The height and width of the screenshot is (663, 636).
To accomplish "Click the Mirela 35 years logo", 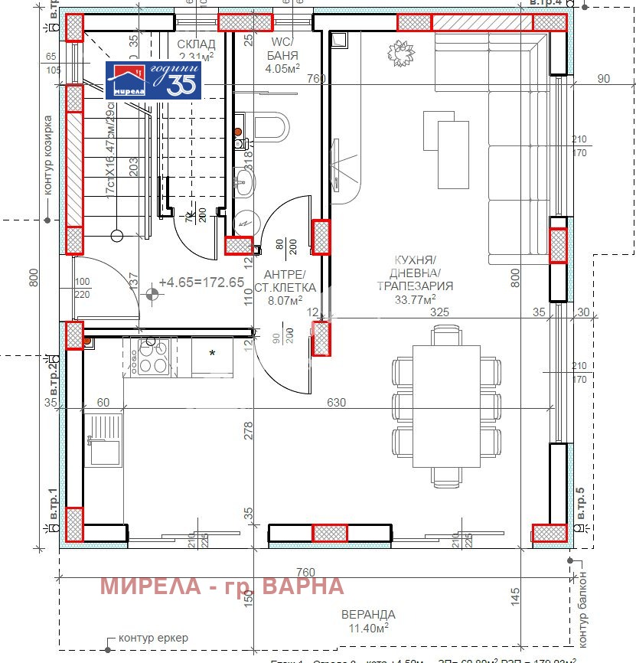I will (x=153, y=80).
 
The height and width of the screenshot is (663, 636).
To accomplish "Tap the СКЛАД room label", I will (x=196, y=44).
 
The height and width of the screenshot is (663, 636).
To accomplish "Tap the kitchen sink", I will (x=104, y=439).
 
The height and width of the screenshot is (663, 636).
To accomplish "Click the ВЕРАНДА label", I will (x=370, y=614).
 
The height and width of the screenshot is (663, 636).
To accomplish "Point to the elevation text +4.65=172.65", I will (x=201, y=283).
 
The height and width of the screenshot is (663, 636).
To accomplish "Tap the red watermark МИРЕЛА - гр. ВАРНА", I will (x=222, y=586).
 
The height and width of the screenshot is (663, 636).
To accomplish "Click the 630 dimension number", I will (x=337, y=403).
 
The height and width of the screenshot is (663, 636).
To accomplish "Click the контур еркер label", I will (x=152, y=638).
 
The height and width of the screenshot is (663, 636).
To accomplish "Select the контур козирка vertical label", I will (x=47, y=156).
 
